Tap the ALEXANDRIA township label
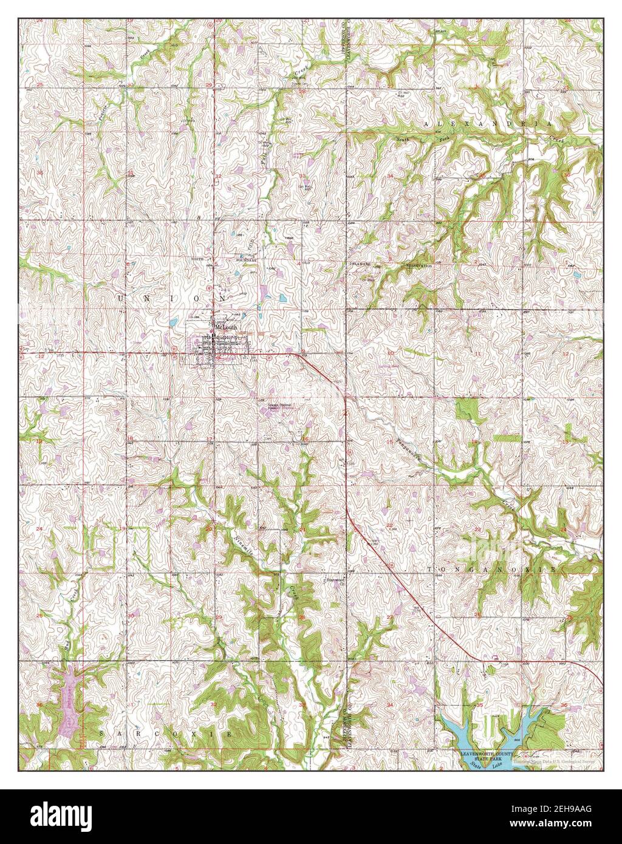[488, 123]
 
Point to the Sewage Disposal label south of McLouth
[281, 406]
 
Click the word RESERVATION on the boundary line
[419, 266]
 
